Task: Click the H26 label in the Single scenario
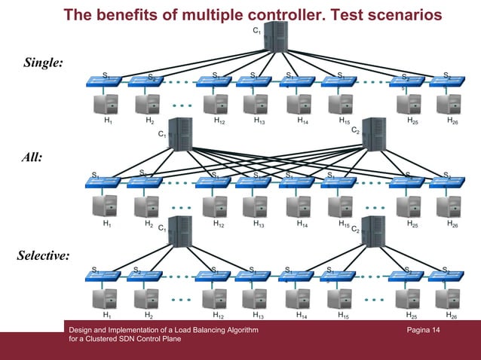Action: click(x=452, y=121)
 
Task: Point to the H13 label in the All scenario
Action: click(x=259, y=224)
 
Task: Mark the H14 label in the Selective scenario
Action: click(x=302, y=316)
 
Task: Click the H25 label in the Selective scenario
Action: click(x=412, y=316)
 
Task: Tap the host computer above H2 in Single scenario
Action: click(x=146, y=104)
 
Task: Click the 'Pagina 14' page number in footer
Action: click(x=423, y=331)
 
